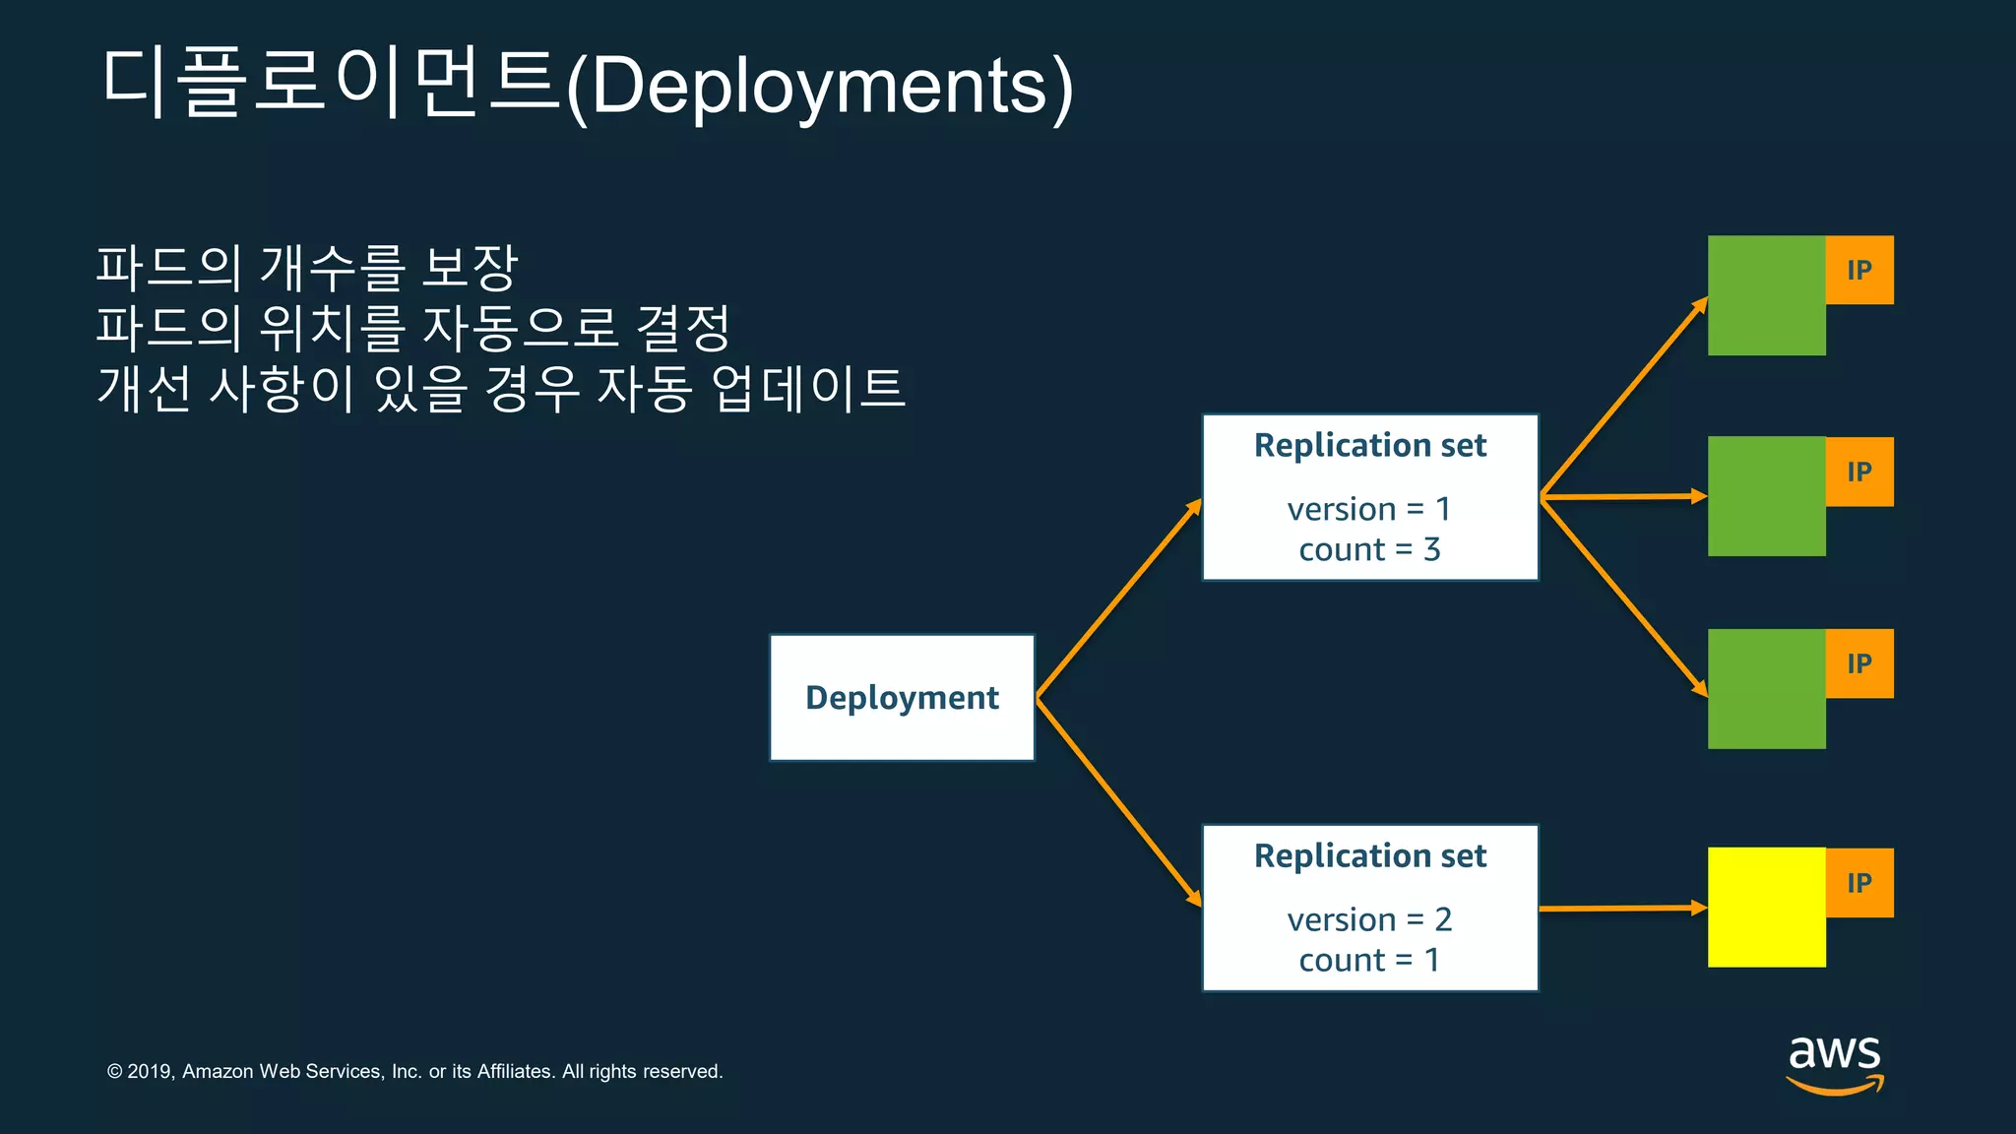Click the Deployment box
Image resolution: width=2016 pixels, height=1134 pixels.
click(x=902, y=697)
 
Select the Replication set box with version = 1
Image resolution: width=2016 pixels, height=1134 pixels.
click(x=1369, y=497)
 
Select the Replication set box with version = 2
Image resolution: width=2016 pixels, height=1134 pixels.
click(x=1369, y=908)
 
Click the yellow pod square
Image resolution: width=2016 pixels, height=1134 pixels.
click(x=1766, y=908)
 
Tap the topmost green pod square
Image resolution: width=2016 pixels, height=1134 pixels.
click(x=1766, y=295)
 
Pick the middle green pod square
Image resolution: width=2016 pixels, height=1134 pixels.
click(x=1766, y=496)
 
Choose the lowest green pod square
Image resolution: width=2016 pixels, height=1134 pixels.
click(x=1766, y=689)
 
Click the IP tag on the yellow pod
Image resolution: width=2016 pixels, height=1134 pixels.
click(x=1859, y=883)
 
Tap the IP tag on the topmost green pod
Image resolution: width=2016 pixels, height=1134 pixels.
click(x=1859, y=270)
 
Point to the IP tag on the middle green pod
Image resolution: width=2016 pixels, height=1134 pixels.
click(x=1859, y=472)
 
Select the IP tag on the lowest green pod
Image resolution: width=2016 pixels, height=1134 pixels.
click(x=1859, y=663)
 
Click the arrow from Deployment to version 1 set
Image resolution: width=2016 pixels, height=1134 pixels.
click(x=1119, y=598)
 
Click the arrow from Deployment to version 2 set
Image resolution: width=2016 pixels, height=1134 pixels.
click(x=1119, y=801)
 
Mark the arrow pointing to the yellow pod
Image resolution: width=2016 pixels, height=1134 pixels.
click(x=1622, y=909)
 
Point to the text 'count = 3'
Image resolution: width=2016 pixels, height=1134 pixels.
click(x=1369, y=549)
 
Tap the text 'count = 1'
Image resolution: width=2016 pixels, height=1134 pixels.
click(x=1369, y=960)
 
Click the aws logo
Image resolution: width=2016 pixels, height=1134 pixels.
click(x=1835, y=1063)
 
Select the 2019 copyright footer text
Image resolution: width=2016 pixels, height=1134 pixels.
click(x=414, y=1071)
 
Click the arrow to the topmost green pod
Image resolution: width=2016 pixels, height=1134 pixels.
click(x=1624, y=396)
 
